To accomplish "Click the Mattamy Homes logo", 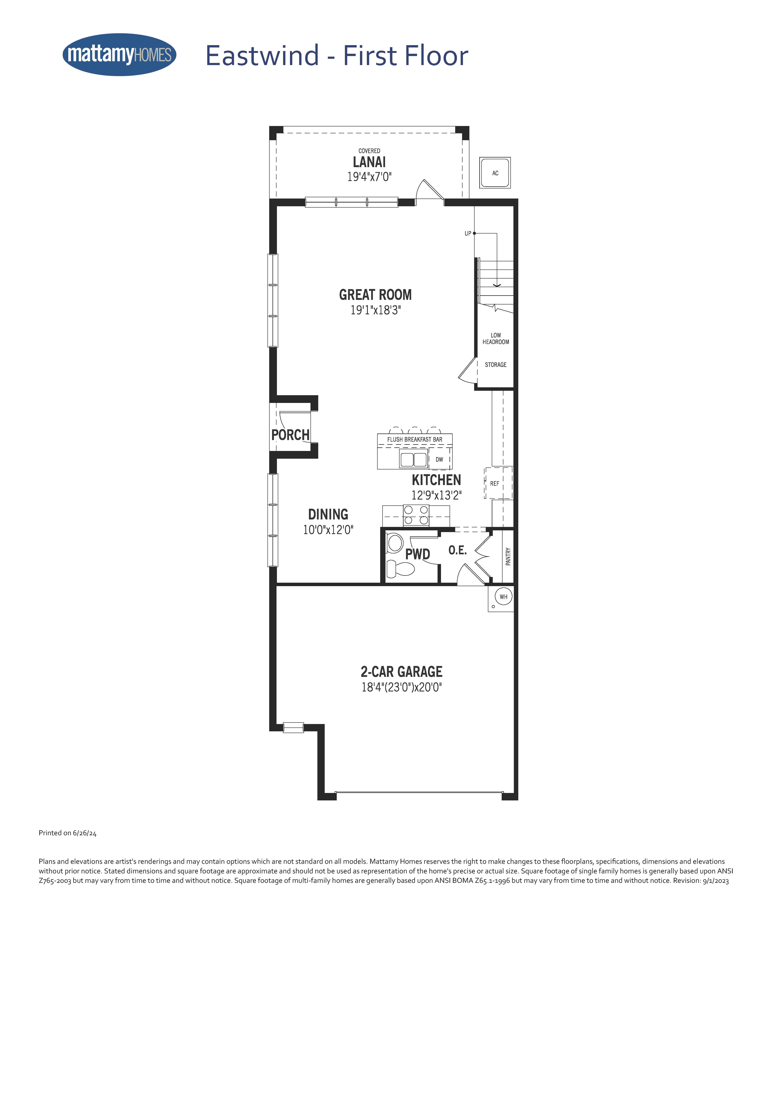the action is click(120, 54).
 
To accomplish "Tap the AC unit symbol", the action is click(495, 173).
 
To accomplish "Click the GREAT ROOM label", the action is click(375, 295).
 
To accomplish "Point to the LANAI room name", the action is click(369, 162).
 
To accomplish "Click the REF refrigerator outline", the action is click(499, 483).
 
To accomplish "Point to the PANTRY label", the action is click(508, 557).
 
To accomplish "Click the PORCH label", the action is click(290, 435).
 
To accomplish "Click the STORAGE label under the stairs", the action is click(496, 365).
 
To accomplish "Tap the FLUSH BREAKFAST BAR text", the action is click(415, 439).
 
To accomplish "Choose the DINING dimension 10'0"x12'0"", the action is click(328, 530).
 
